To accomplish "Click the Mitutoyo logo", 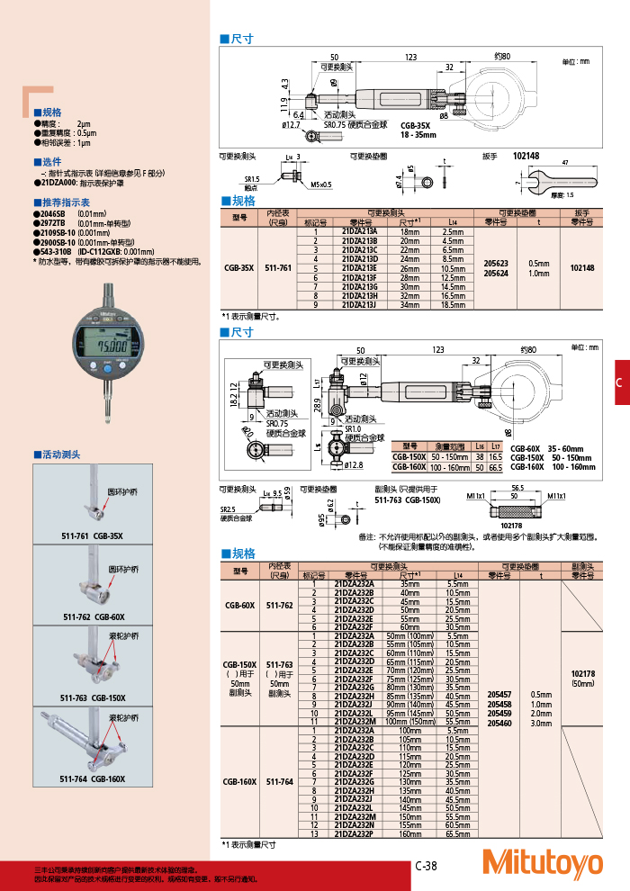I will pos(543,862).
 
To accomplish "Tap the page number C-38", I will pos(426,866).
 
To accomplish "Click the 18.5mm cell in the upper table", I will pos(453,306).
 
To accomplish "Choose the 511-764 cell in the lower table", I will pos(279,782).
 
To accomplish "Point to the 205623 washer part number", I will pos(497,263).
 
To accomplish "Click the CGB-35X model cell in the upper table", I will pos(240,268).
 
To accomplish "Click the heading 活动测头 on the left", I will pos(61,454).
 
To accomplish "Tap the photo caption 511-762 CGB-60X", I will pos(94,616).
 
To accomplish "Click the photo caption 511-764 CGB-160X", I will pos(94,779).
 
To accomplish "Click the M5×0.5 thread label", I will pos(320,184).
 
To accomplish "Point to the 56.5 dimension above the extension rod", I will pos(517,487).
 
